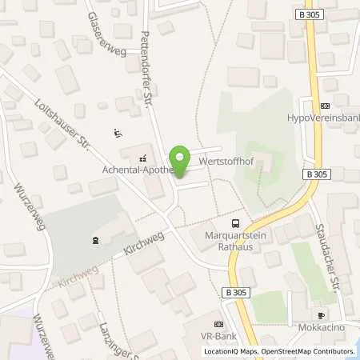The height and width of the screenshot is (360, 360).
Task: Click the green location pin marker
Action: [x=179, y=161]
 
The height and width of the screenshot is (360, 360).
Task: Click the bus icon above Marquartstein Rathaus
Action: [x=234, y=224]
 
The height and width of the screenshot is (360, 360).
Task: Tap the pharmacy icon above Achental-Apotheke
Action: [x=143, y=158]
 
